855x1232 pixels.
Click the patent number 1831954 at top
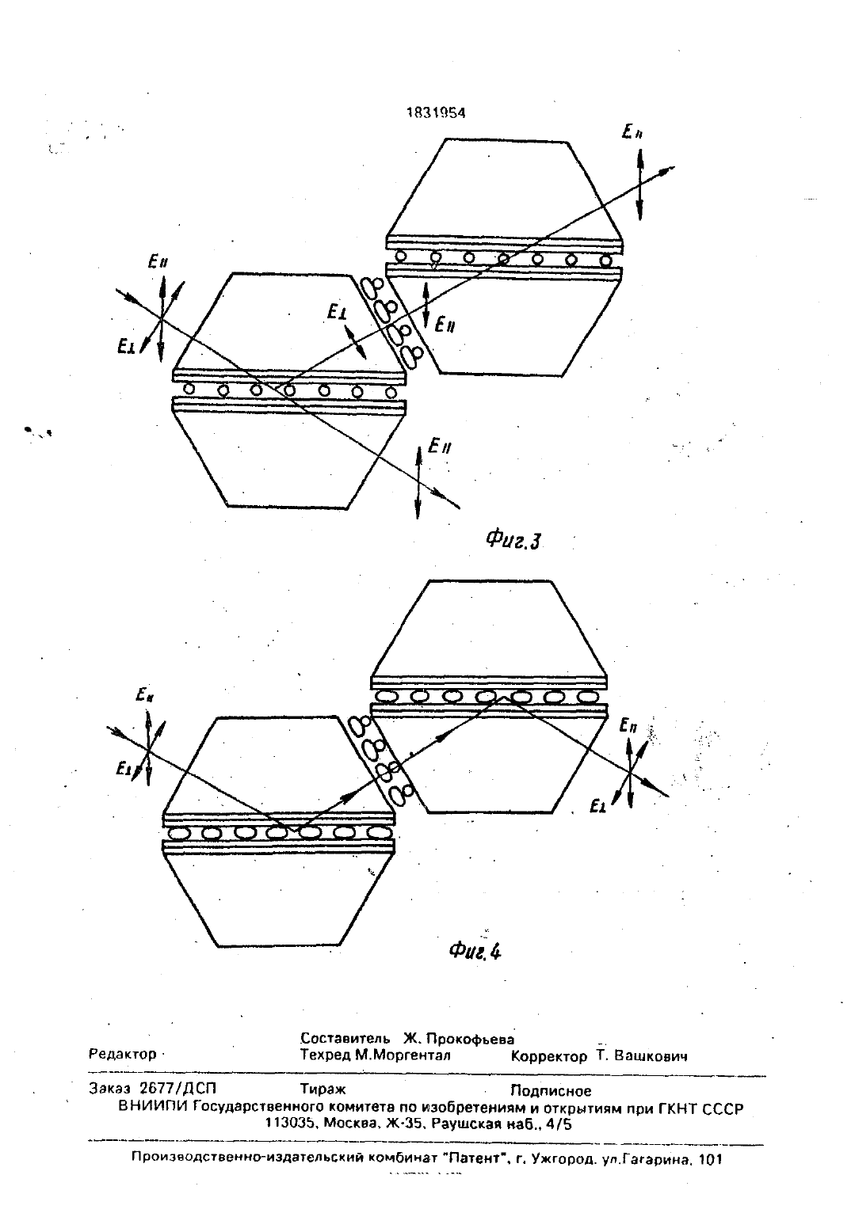tap(436, 112)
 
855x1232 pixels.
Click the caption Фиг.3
tap(513, 541)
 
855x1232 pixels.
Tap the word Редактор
tap(122, 1055)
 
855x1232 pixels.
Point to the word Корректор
tap(549, 1056)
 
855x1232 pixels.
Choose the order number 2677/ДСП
tap(178, 1089)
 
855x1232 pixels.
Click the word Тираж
tap(323, 1089)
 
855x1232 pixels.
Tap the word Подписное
tap(551, 1090)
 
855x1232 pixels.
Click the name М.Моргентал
tap(403, 1055)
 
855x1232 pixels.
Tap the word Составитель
tap(345, 1038)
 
